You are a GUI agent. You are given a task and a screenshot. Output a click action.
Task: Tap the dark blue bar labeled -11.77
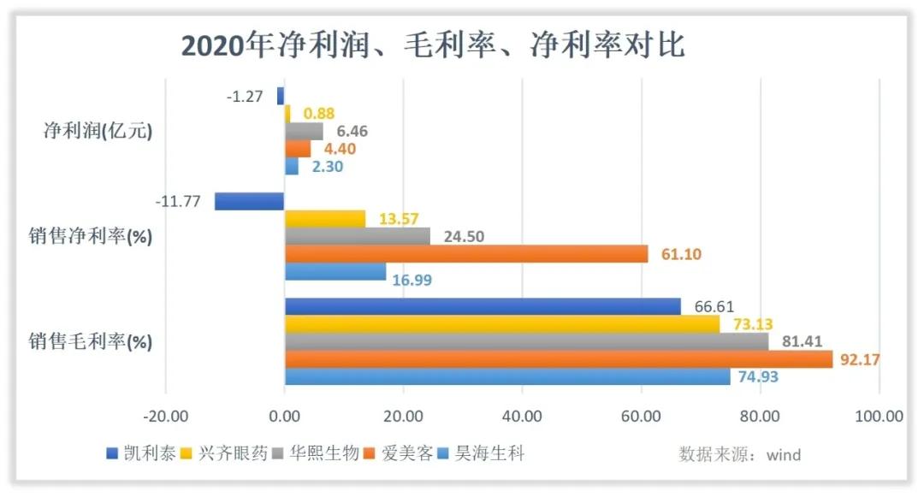point(249,201)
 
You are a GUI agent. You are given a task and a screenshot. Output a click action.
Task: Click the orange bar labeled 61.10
point(465,253)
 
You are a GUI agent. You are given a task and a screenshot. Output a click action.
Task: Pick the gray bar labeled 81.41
point(526,341)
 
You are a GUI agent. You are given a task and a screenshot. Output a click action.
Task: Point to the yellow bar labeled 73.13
point(501,324)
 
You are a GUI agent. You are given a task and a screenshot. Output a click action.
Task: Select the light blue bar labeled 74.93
point(506,376)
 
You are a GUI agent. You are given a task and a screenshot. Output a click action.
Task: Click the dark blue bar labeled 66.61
point(483,306)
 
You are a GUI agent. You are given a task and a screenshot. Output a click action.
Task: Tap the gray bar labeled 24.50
point(357,236)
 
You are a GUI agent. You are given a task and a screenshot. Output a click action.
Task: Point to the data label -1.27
point(245,96)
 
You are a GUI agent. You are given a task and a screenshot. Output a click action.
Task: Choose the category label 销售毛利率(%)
point(90,341)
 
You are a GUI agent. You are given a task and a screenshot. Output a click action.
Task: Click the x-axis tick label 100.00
point(879,417)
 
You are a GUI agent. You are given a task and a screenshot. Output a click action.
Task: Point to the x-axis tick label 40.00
point(522,417)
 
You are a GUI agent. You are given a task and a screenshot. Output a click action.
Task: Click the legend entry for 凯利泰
point(141,453)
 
